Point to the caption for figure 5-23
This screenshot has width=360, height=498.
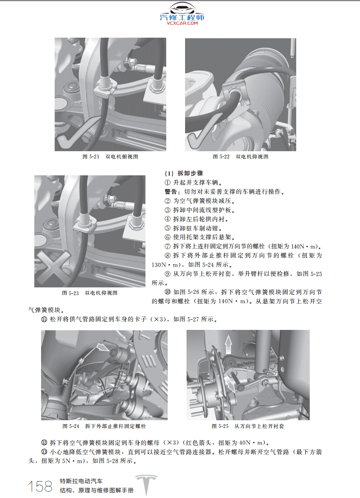[x=90, y=293]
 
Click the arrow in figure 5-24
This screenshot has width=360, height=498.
[x=102, y=346]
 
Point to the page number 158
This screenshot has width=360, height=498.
[x=41, y=486]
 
